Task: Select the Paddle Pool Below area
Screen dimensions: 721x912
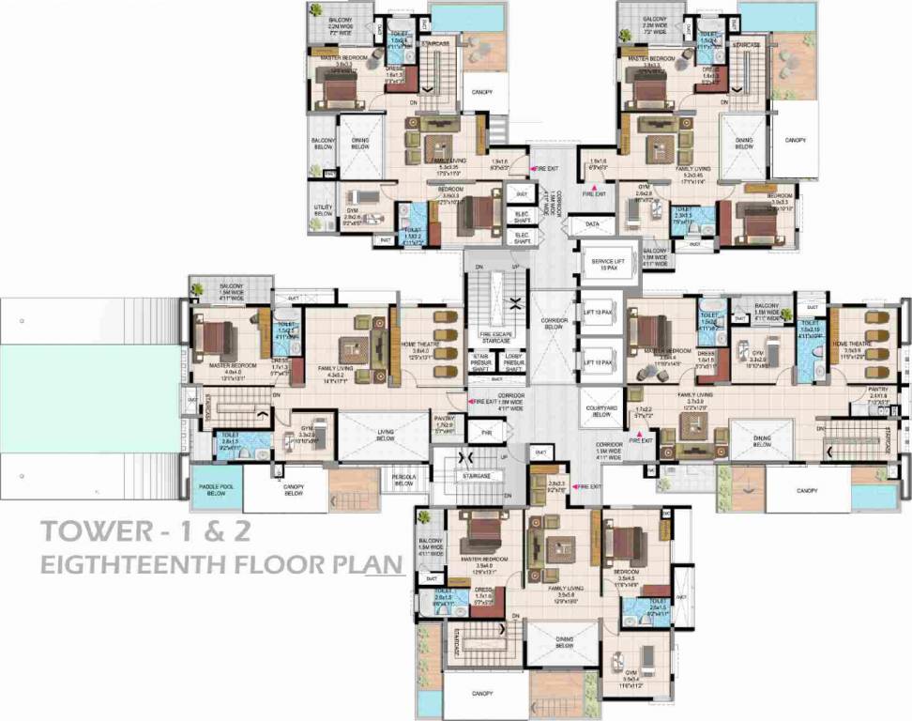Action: (216, 491)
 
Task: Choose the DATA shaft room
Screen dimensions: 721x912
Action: (592, 225)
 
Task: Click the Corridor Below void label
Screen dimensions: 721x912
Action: (554, 324)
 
